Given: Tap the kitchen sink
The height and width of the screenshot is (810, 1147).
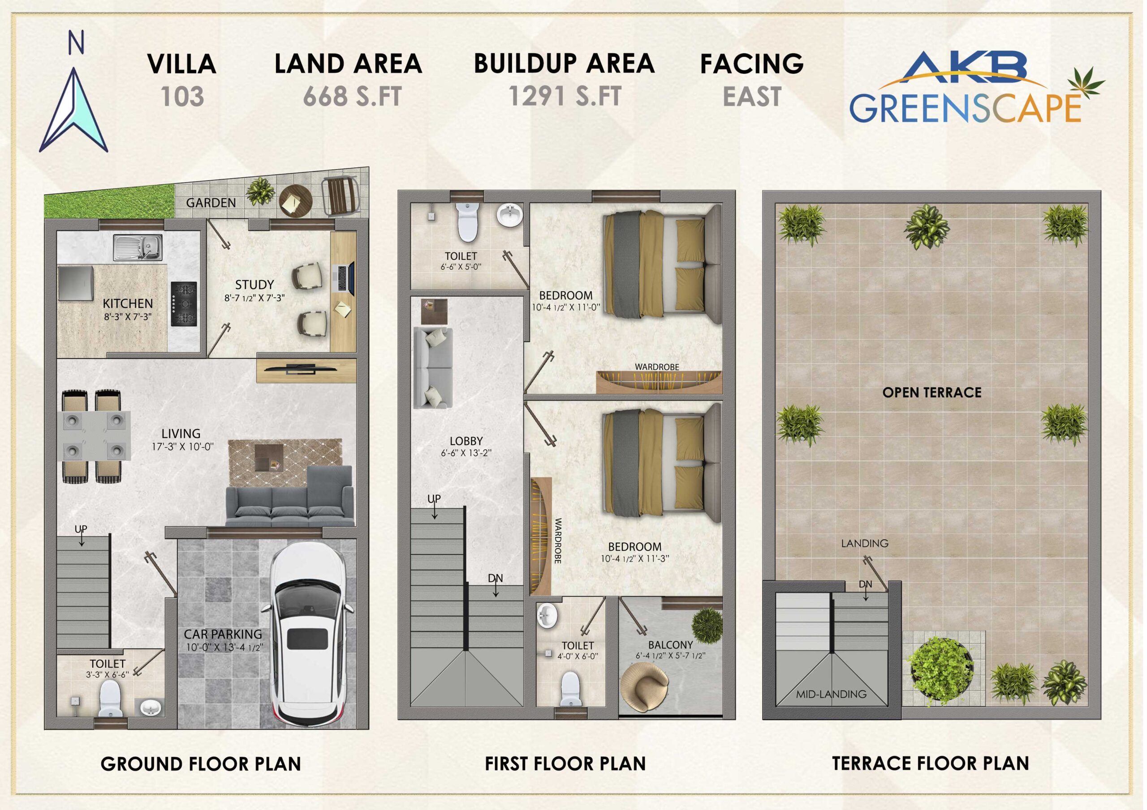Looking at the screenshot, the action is coord(138,247).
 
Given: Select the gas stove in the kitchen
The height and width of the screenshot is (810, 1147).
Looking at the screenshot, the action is coord(184,304).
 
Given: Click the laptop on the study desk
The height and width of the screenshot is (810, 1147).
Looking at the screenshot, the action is coord(344,278).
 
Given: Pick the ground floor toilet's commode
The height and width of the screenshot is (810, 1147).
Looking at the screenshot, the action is coord(110,698).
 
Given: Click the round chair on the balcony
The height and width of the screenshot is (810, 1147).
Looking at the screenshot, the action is coord(644,686).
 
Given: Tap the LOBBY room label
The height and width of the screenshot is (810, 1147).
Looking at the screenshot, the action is coord(466,441).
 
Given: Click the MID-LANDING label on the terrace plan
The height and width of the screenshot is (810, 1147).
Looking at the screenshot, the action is coord(831,694).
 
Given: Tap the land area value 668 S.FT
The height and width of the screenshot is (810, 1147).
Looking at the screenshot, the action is coord(352,96).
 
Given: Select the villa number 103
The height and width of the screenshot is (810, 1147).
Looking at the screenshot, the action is coord(182,96).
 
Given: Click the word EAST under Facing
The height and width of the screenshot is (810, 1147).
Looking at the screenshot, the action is coord(752,96).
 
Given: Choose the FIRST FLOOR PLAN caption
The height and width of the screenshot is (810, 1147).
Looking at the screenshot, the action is coord(565,763).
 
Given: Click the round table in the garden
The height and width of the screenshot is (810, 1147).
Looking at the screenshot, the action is coord(295,200).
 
